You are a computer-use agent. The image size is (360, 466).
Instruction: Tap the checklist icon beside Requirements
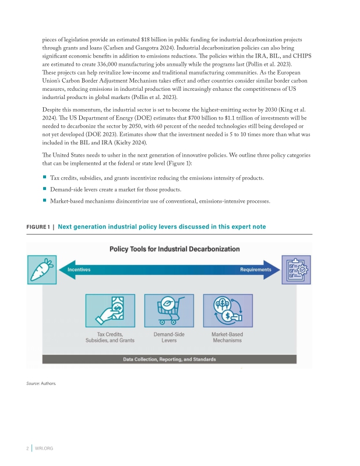pos(297,270)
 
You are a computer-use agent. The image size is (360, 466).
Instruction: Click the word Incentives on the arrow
pos(79,270)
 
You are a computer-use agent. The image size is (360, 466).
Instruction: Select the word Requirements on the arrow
pos(256,270)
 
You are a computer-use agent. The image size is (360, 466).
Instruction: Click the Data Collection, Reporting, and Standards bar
pos(170,359)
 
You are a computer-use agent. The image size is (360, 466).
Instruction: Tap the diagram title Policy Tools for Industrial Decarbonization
pos(175,249)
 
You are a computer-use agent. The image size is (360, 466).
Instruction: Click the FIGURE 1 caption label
pos(38,227)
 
